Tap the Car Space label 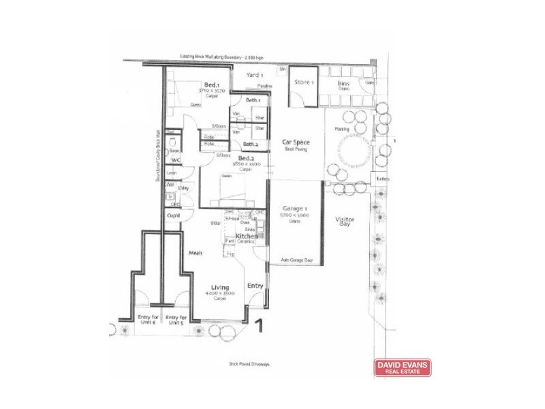point(296,142)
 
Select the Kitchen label point(246,236)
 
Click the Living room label point(219,288)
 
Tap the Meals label point(196,253)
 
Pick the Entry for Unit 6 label point(148,319)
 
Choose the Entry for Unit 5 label point(176,319)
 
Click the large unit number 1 point(259,327)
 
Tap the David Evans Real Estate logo point(403,367)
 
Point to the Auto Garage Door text point(296,260)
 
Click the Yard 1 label point(254,75)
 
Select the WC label point(174,160)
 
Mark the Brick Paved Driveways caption point(249,364)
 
